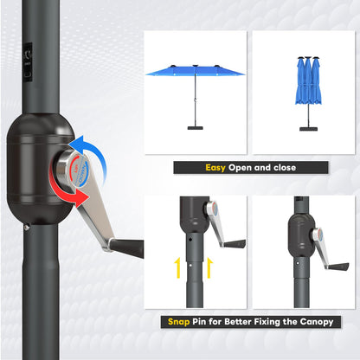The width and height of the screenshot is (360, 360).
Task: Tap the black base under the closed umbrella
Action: point(307,129)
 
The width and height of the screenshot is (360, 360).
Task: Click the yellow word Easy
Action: point(215,167)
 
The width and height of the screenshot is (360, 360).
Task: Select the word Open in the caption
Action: point(245,167)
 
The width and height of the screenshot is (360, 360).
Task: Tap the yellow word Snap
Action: point(179,321)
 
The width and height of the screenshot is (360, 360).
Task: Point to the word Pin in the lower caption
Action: point(205,321)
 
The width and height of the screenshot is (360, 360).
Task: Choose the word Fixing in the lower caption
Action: point(267,321)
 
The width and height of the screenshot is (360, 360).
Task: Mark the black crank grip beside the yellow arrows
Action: point(232,244)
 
